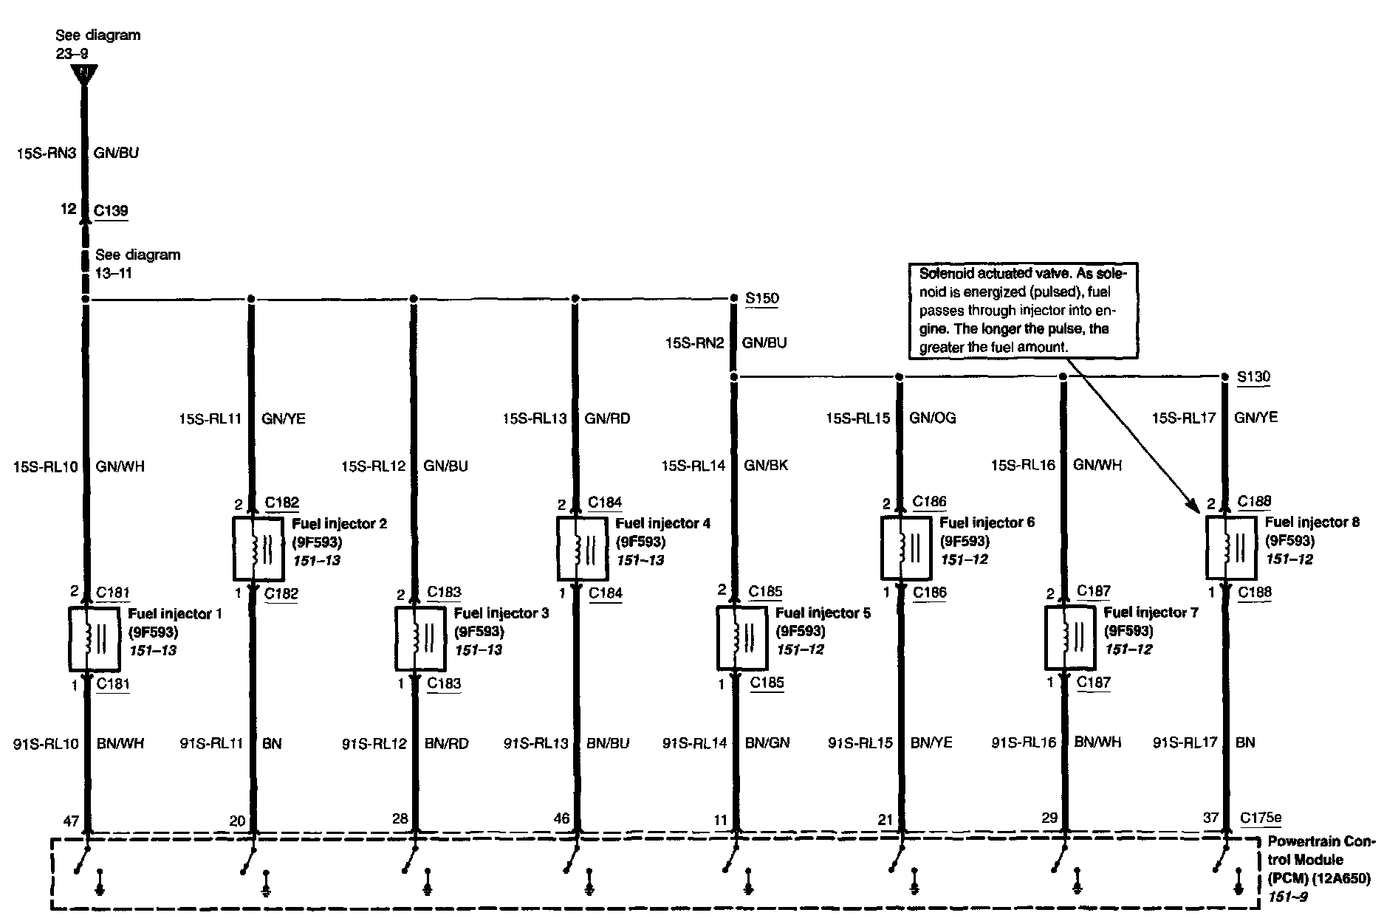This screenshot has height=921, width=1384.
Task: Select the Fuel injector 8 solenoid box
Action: [1231, 548]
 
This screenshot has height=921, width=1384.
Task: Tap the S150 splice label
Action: [761, 298]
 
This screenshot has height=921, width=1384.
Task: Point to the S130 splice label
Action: [1253, 377]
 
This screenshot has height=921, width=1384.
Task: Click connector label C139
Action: [111, 210]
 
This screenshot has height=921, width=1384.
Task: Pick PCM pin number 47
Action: [71, 819]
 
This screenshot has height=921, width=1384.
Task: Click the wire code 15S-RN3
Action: [47, 153]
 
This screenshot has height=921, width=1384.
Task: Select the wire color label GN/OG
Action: [932, 418]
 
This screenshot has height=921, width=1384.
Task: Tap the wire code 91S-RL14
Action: [694, 743]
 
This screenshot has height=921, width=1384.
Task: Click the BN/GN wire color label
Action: [767, 742]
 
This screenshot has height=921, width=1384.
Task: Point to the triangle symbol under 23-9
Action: [84, 75]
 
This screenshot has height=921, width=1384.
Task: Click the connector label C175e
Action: [1261, 818]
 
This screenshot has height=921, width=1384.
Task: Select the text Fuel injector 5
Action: [823, 613]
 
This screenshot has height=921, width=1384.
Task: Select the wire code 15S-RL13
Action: [535, 418]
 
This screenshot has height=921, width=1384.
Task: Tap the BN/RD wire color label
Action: [446, 743]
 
